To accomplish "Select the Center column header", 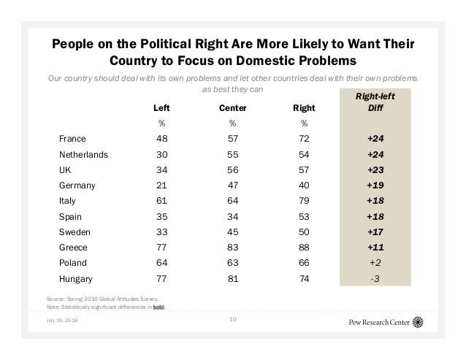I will point(232,109).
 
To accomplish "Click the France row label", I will point(72,139).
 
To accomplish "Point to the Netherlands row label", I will point(84,155).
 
